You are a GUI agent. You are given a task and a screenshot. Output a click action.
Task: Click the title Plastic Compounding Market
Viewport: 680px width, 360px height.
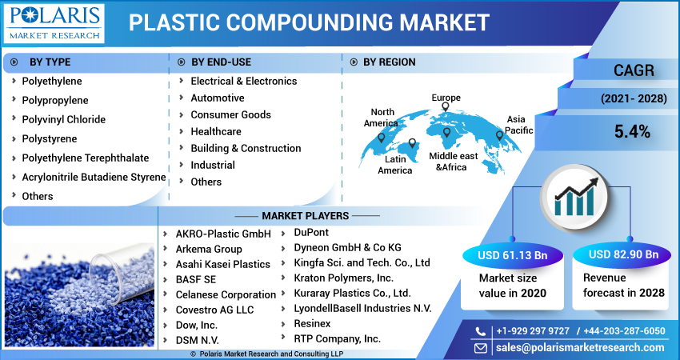tap(309, 22)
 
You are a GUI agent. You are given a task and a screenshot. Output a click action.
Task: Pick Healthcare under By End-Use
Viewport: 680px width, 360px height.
tap(215, 131)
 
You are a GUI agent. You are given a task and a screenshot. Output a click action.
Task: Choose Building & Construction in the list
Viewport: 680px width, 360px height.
tap(246, 148)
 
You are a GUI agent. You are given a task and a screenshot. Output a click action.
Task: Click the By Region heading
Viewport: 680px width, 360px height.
tap(389, 62)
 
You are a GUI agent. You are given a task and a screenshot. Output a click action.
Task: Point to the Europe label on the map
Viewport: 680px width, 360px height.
tap(446, 98)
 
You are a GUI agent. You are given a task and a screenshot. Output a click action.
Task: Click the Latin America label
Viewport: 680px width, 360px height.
tap(395, 165)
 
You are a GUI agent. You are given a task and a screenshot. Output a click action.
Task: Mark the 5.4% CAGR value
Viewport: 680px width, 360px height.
tap(632, 131)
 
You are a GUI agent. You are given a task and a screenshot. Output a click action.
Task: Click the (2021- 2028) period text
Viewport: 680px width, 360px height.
tap(632, 99)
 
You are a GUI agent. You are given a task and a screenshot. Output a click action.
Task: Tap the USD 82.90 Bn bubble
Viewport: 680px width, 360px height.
tap(623, 254)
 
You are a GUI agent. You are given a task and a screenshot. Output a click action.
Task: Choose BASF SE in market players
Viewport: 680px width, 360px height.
tap(196, 279)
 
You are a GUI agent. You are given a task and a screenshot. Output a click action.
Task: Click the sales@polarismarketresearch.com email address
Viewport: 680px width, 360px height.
tap(580, 347)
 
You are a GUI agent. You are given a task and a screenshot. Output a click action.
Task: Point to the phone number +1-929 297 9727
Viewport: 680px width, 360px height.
tap(532, 331)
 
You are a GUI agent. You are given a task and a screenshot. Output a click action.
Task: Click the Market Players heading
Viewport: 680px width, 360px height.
tap(305, 216)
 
